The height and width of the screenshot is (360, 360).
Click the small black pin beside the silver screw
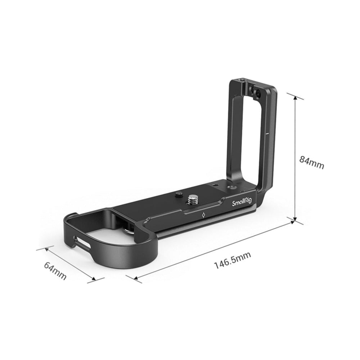point(178,194)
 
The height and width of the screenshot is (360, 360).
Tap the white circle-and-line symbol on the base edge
point(203,215)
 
